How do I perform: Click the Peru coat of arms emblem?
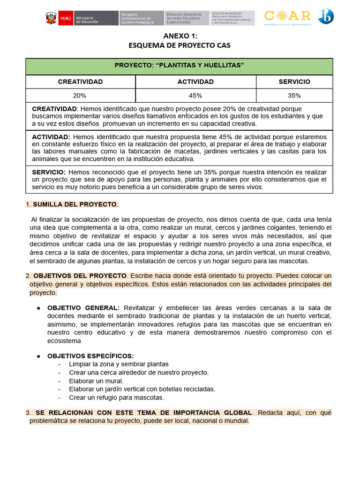(51, 18)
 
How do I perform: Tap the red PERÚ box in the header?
(66, 18)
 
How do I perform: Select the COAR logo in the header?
(288, 17)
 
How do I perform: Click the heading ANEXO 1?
(180, 36)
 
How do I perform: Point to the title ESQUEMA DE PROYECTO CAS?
(180, 45)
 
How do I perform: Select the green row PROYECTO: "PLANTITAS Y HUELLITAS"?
(179, 65)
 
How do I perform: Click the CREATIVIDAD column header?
(80, 82)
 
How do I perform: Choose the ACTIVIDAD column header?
(195, 82)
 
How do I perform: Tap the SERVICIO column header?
(294, 82)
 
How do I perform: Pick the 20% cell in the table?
(80, 96)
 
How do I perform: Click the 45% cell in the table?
(195, 96)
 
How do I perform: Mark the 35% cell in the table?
(294, 96)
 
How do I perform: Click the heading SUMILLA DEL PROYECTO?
(75, 204)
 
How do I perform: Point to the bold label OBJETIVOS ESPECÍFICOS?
(90, 356)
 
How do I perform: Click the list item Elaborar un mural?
(96, 381)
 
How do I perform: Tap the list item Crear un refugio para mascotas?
(116, 397)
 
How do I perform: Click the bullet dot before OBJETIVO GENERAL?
(38, 308)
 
